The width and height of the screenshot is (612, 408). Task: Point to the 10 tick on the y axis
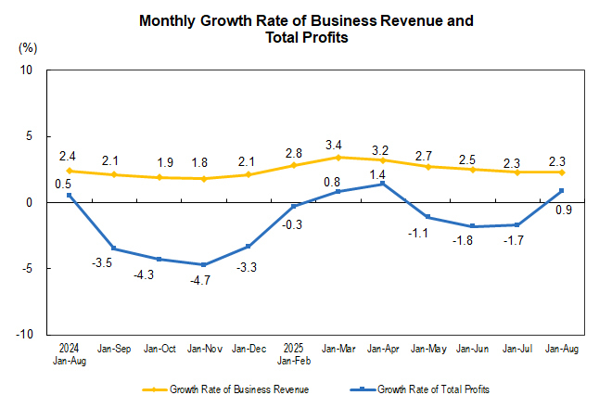coord(27,70)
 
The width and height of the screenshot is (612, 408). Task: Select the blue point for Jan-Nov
coord(203,264)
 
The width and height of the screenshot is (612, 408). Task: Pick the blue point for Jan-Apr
coord(383,184)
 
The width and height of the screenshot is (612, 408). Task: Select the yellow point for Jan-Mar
coord(338,158)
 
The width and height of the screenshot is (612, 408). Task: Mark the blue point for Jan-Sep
coord(114,249)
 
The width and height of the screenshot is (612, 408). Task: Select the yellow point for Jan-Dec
coord(249,174)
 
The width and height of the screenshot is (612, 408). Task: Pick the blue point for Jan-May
coord(428,217)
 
